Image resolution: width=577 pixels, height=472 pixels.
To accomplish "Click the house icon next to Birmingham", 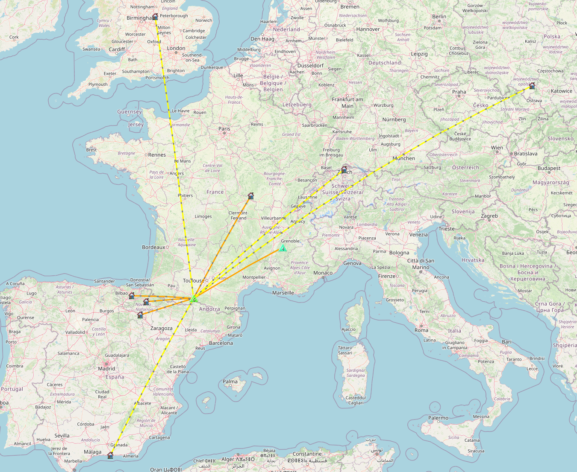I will tap(155, 17).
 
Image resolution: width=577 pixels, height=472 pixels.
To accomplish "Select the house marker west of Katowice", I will tap(532, 86).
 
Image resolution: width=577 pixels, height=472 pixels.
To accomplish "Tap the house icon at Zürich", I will tap(344, 169).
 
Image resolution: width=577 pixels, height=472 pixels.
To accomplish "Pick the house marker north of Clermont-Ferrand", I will tap(250, 196).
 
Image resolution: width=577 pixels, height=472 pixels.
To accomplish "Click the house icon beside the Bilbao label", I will tap(132, 295).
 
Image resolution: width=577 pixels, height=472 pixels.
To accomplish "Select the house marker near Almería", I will tap(110, 455).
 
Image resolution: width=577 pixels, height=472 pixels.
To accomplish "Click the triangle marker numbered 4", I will tap(283, 248).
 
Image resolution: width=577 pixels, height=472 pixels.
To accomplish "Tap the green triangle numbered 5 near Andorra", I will tap(194, 299).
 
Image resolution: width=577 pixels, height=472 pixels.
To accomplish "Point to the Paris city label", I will tap(224, 128).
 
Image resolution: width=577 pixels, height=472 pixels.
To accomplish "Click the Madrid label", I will tap(106, 368).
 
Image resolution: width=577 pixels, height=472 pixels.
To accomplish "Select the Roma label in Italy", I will tap(421, 330).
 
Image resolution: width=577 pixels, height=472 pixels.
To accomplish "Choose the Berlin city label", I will tap(439, 17).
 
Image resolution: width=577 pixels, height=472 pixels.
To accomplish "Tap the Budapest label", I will tap(549, 168).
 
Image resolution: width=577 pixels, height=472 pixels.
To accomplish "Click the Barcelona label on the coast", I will tap(221, 343).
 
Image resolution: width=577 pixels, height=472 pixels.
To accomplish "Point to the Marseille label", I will tap(283, 293).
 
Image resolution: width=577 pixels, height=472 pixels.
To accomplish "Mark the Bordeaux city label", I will tap(153, 247).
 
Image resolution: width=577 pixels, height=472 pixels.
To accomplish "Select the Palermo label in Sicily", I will tap(438, 418).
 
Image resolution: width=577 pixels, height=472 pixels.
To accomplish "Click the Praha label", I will tap(459, 92).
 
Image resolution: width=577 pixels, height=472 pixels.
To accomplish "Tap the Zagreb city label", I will tap(489, 216).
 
